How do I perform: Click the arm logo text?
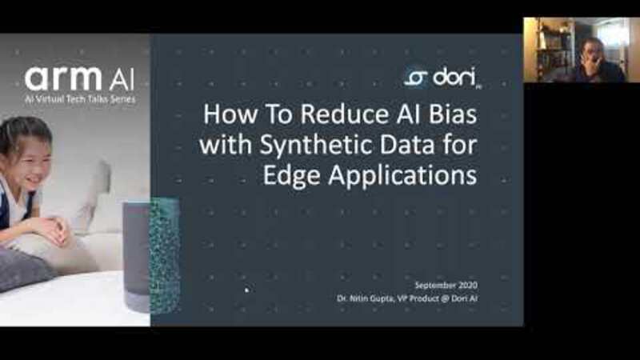(63, 78)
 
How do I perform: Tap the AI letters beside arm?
(122, 81)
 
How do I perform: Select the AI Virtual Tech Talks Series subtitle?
(79, 99)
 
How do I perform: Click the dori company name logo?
(454, 77)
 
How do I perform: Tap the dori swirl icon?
(415, 78)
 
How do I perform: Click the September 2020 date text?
(446, 285)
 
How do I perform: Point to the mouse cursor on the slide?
(246, 290)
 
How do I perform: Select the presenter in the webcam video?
(598, 61)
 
